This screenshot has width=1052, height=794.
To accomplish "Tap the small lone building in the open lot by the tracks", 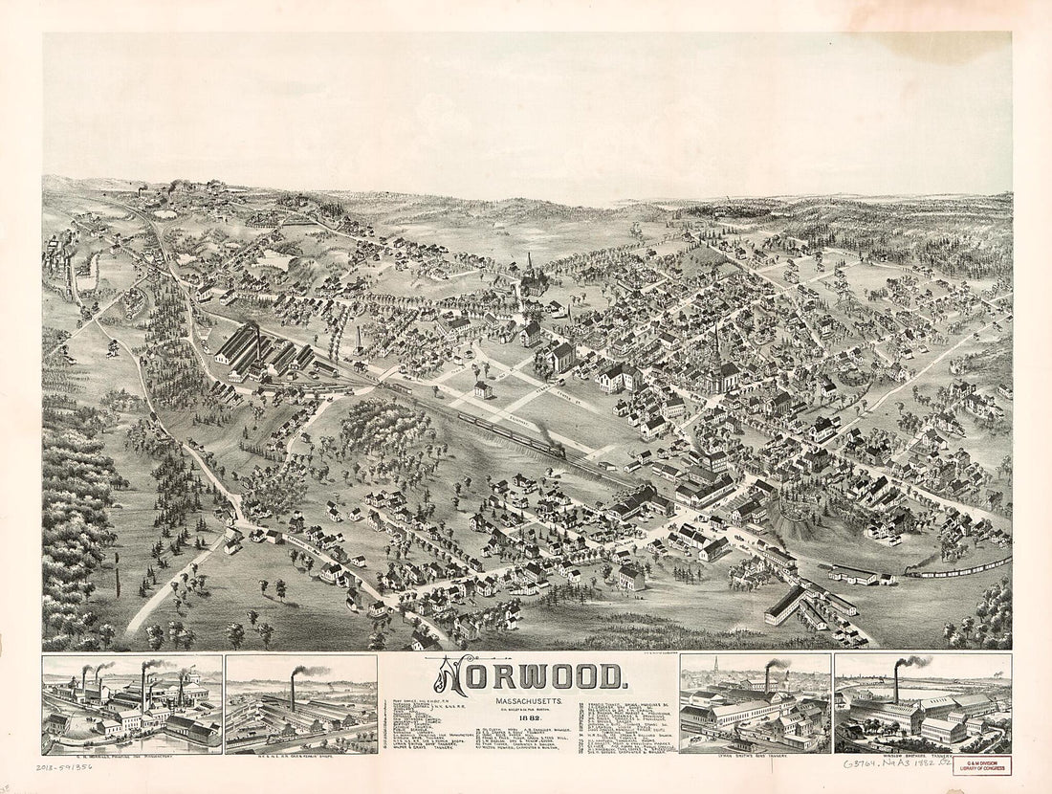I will click(483, 389).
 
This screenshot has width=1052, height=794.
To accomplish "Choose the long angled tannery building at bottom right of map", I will click(784, 605).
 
